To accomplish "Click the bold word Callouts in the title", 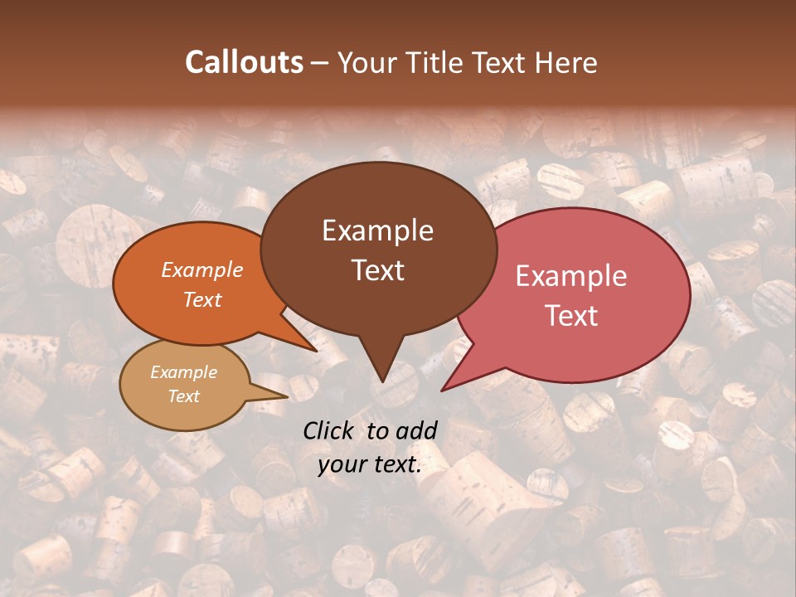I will pyautogui.click(x=244, y=62).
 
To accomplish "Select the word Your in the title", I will pyautogui.click(x=367, y=63).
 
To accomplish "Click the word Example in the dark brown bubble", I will pyautogui.click(x=377, y=231).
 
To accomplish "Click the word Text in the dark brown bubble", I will pyautogui.click(x=377, y=270).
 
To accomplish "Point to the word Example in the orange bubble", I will pyautogui.click(x=202, y=270).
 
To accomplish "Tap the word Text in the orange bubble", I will pyautogui.click(x=202, y=300).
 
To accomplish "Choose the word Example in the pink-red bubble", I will pyautogui.click(x=571, y=276).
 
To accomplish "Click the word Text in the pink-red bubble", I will pyautogui.click(x=571, y=316).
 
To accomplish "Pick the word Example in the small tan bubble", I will pyautogui.click(x=183, y=372).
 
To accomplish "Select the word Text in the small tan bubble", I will pyautogui.click(x=183, y=396).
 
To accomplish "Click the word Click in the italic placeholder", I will pyautogui.click(x=330, y=430).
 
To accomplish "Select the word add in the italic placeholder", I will pyautogui.click(x=415, y=430).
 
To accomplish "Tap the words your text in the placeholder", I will pyautogui.click(x=370, y=464).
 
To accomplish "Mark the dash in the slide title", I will pyautogui.click(x=320, y=63).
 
